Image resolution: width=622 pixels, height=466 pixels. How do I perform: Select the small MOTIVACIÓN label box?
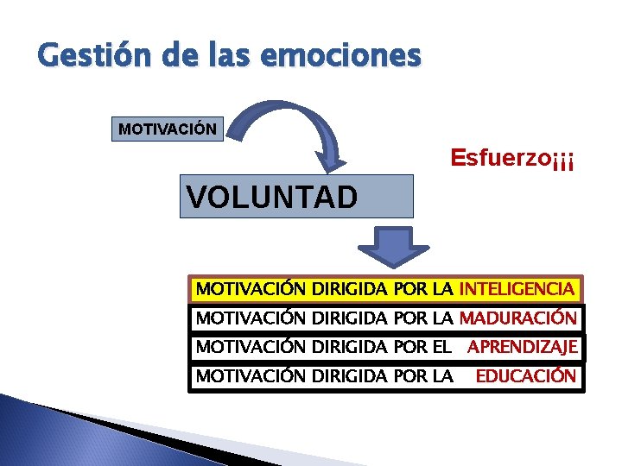pyautogui.click(x=168, y=129)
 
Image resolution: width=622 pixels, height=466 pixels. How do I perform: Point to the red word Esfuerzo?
pyautogui.click(x=500, y=158)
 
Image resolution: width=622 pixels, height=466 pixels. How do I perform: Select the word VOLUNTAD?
pyautogui.click(x=271, y=198)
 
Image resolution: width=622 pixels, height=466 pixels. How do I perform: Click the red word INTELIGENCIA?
pyautogui.click(x=517, y=288)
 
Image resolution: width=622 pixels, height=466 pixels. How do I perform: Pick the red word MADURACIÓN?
pyautogui.click(x=517, y=318)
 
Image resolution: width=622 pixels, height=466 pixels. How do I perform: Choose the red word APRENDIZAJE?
pyautogui.click(x=523, y=347)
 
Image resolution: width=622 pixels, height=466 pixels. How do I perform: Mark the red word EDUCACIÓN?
pyautogui.click(x=525, y=376)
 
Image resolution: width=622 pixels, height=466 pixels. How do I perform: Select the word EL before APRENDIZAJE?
pyautogui.click(x=442, y=347)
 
